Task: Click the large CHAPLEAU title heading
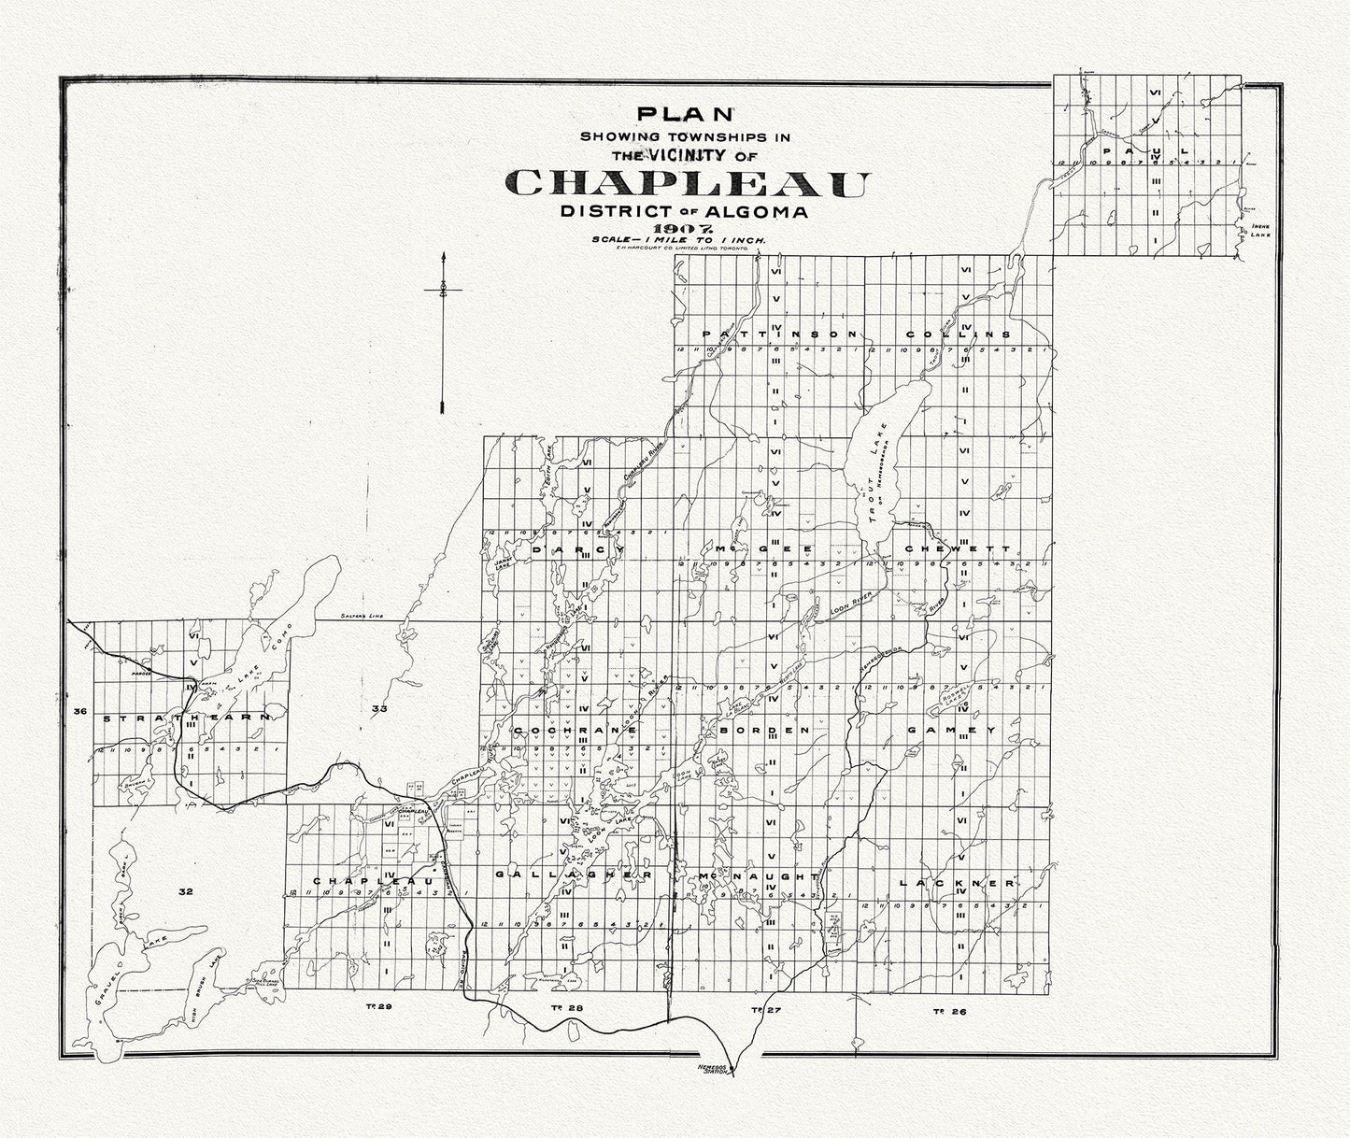(x=686, y=183)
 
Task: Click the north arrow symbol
(x=443, y=332)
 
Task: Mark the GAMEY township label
(x=952, y=730)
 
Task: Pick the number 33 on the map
(x=378, y=710)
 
